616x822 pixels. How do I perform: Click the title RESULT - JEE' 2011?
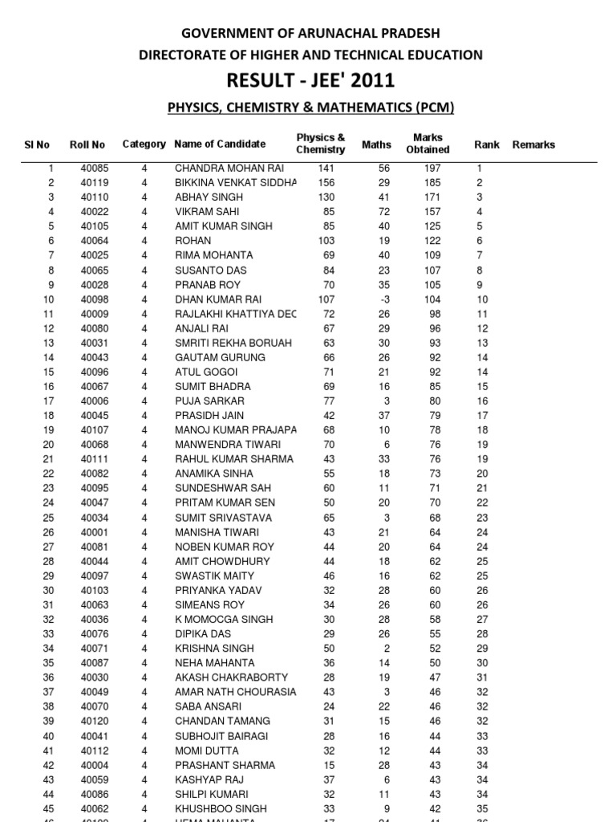[310, 80]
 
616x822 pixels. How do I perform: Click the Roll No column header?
[87, 144]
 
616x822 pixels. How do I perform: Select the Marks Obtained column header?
[428, 144]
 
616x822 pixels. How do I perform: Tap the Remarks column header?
[533, 144]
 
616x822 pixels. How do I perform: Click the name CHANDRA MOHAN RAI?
[229, 169]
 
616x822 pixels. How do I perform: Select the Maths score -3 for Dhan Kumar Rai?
[383, 299]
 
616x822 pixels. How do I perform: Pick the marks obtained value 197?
[432, 169]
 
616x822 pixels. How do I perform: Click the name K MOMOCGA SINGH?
[224, 619]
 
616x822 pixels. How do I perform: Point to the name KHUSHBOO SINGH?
[221, 808]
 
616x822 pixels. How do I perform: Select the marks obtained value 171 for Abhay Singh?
[432, 197]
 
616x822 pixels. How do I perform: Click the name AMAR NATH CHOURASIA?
[235, 692]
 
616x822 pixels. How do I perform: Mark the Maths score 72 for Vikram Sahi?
[383, 212]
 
